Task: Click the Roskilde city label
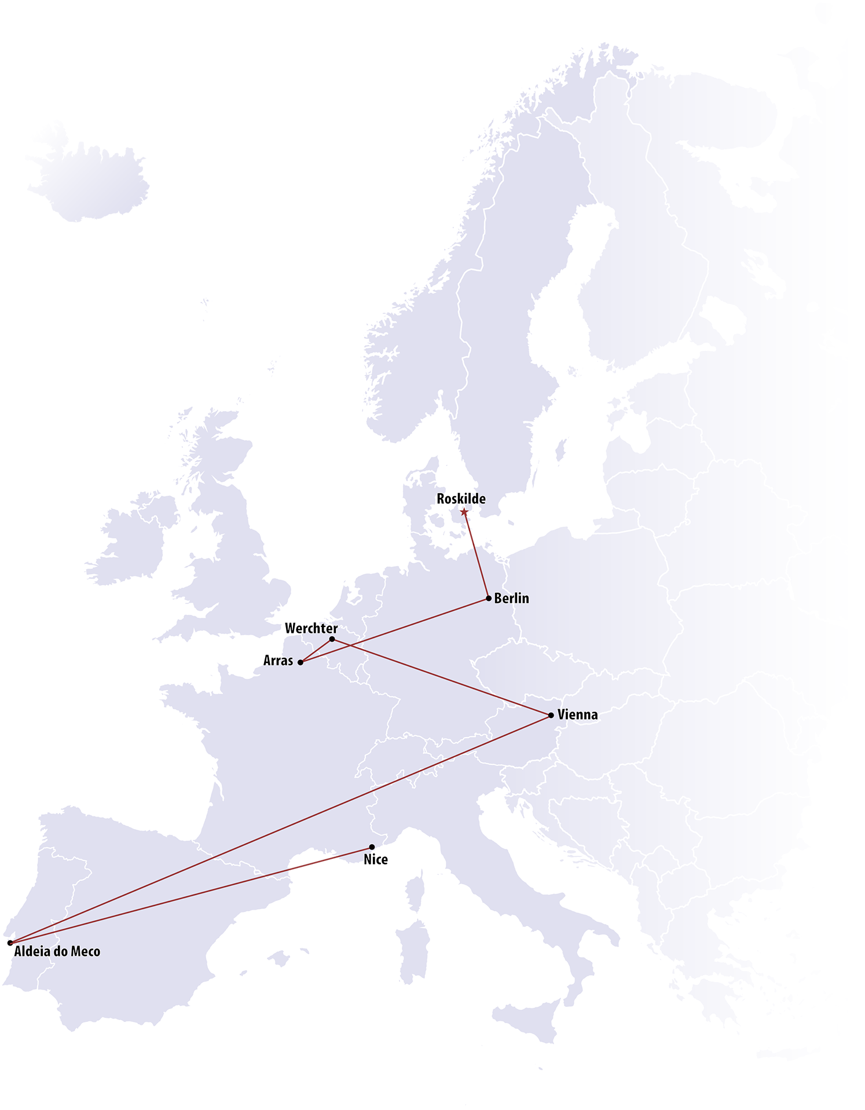pyautogui.click(x=461, y=499)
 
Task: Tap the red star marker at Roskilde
pyautogui.click(x=464, y=511)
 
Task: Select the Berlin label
pyautogui.click(x=511, y=598)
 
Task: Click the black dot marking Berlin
pyautogui.click(x=489, y=598)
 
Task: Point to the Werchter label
pyautogui.click(x=311, y=628)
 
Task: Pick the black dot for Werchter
pyautogui.click(x=332, y=639)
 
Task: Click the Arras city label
pyautogui.click(x=278, y=661)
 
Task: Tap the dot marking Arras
pyautogui.click(x=300, y=662)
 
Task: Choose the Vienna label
pyautogui.click(x=577, y=715)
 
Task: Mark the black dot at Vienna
pyautogui.click(x=551, y=716)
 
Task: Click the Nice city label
pyautogui.click(x=376, y=860)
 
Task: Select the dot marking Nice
pyautogui.click(x=372, y=847)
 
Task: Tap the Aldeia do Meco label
pyautogui.click(x=57, y=951)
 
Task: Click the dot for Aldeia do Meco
pyautogui.click(x=10, y=943)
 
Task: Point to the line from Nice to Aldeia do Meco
pyautogui.click(x=191, y=895)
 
